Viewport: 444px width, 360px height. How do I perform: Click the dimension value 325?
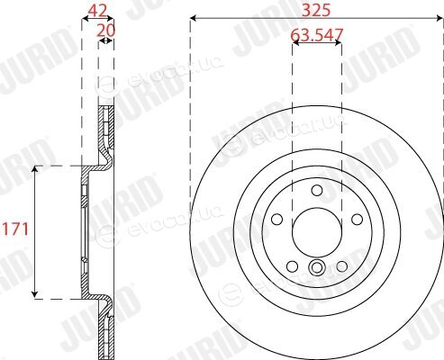(316, 11)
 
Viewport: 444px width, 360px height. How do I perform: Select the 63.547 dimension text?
(317, 34)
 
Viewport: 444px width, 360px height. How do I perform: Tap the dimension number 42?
(97, 12)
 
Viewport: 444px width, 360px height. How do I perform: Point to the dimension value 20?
(106, 31)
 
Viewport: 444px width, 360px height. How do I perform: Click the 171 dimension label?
(15, 229)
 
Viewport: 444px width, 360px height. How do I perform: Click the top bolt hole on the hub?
(317, 190)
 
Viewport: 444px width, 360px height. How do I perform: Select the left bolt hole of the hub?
(276, 219)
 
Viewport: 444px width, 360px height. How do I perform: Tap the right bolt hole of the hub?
(357, 219)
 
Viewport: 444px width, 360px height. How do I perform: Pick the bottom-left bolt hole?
(292, 266)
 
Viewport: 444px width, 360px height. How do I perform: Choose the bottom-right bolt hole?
(341, 266)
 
